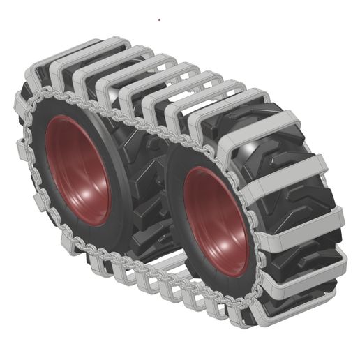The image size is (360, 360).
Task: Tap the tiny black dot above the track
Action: coord(159,20)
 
